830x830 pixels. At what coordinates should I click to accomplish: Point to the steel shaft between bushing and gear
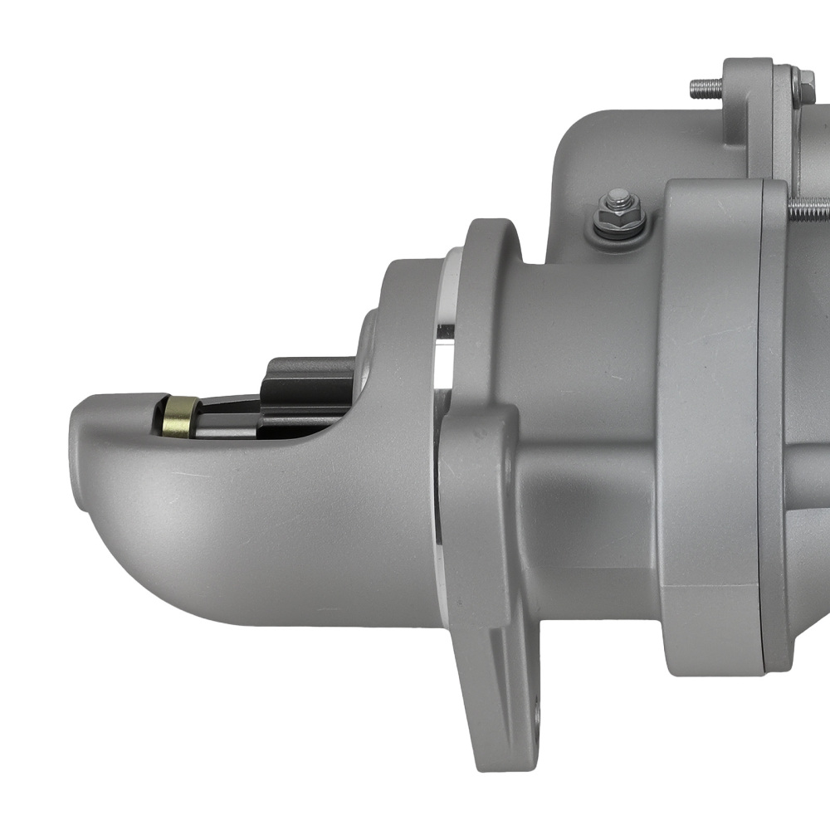pyautogui.click(x=228, y=415)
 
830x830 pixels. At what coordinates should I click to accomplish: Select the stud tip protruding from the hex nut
pyautogui.click(x=617, y=198)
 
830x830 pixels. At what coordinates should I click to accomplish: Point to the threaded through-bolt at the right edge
pyautogui.click(x=809, y=207)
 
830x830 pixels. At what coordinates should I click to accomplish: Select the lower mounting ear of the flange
pyautogui.click(x=498, y=705)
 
